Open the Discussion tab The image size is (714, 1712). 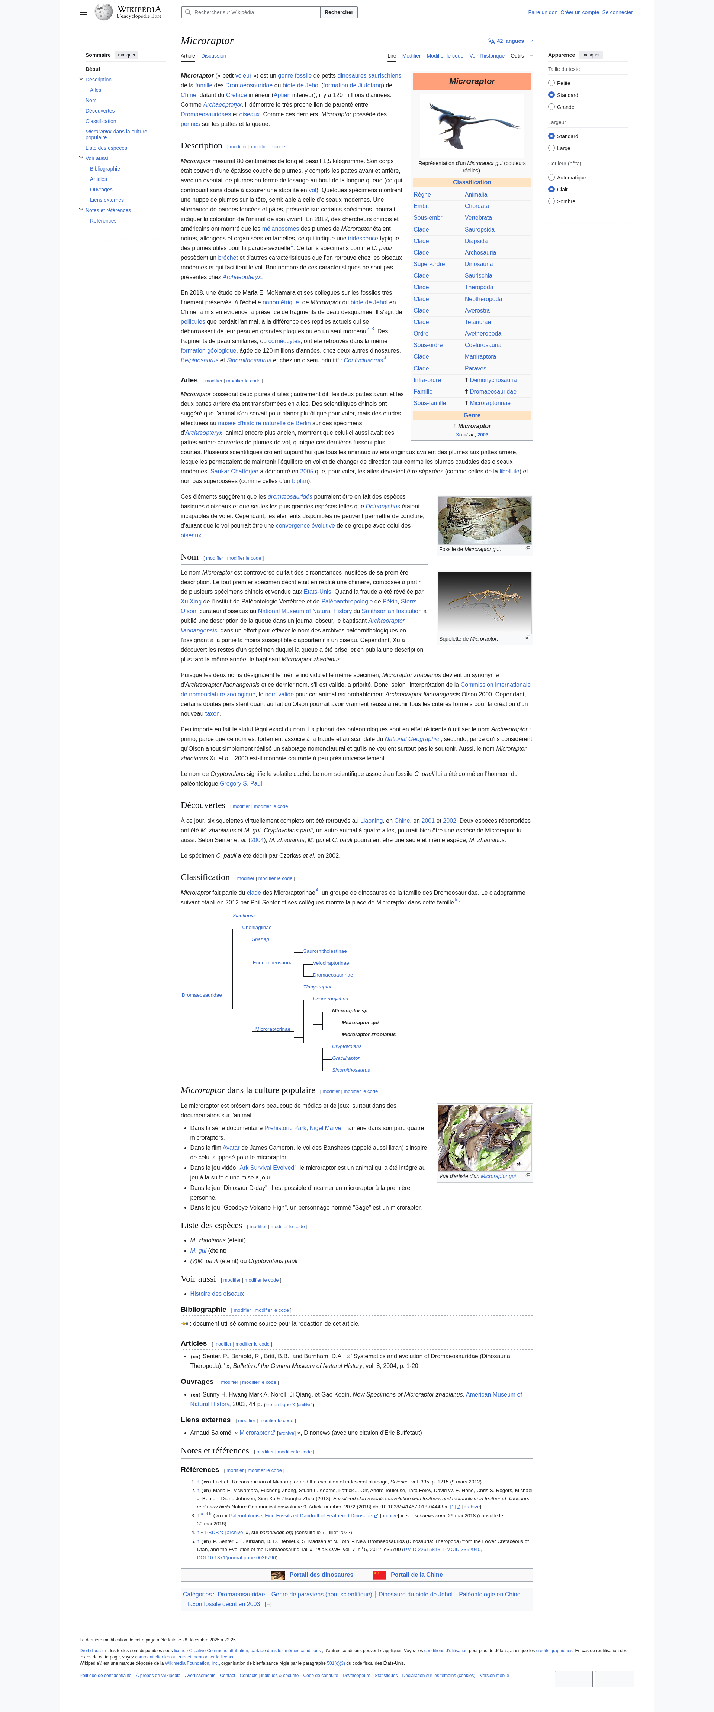(213, 56)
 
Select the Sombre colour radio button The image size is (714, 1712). (551, 201)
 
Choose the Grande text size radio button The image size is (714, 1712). (551, 107)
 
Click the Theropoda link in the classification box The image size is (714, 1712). (479, 287)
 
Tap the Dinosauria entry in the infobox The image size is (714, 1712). (479, 264)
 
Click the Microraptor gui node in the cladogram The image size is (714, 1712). (360, 1022)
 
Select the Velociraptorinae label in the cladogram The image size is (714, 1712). (330, 963)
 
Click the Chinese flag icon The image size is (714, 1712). (380, 1575)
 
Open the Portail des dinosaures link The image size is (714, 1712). (321, 1575)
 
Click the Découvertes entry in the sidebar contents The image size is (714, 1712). (100, 111)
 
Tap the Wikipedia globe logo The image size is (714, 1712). (103, 12)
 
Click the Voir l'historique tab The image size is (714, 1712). (487, 56)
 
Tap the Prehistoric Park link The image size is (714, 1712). (285, 1128)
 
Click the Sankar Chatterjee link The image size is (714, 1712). (234, 471)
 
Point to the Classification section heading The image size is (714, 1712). (205, 877)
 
